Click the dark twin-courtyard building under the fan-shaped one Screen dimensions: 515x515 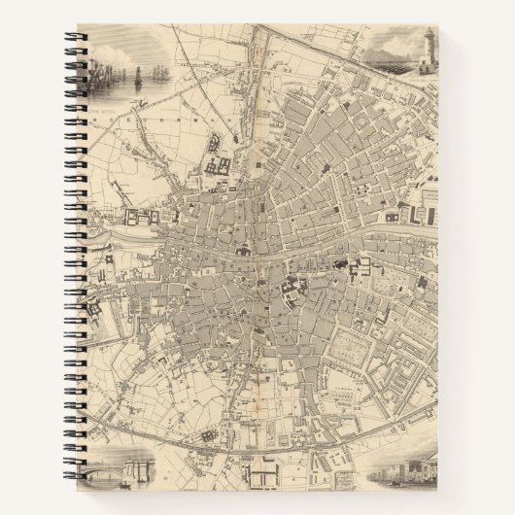tap(216, 166)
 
